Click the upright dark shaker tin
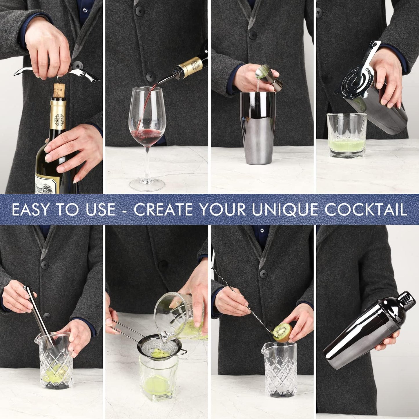[258, 128]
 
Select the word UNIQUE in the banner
[285, 210]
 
